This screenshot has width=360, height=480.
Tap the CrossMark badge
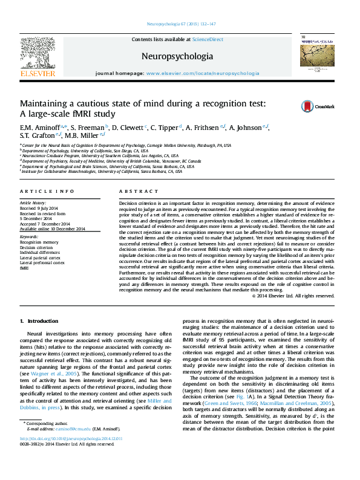point(318,106)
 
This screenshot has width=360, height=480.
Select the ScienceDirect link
point(208,39)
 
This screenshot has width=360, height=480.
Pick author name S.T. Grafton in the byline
point(36,135)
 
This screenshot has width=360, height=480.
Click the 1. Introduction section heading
point(39,321)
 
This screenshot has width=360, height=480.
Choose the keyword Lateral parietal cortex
point(42,258)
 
